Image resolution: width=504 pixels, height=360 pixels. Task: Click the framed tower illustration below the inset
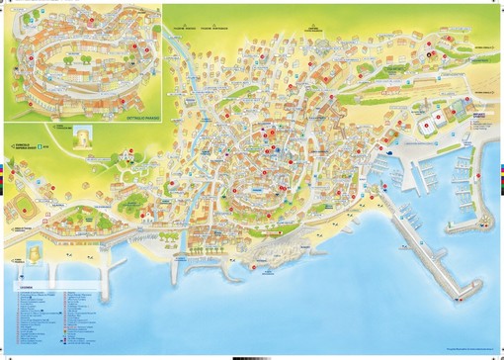pos(85,138)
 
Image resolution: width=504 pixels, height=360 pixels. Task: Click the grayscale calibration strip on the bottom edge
pos(252,355)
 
